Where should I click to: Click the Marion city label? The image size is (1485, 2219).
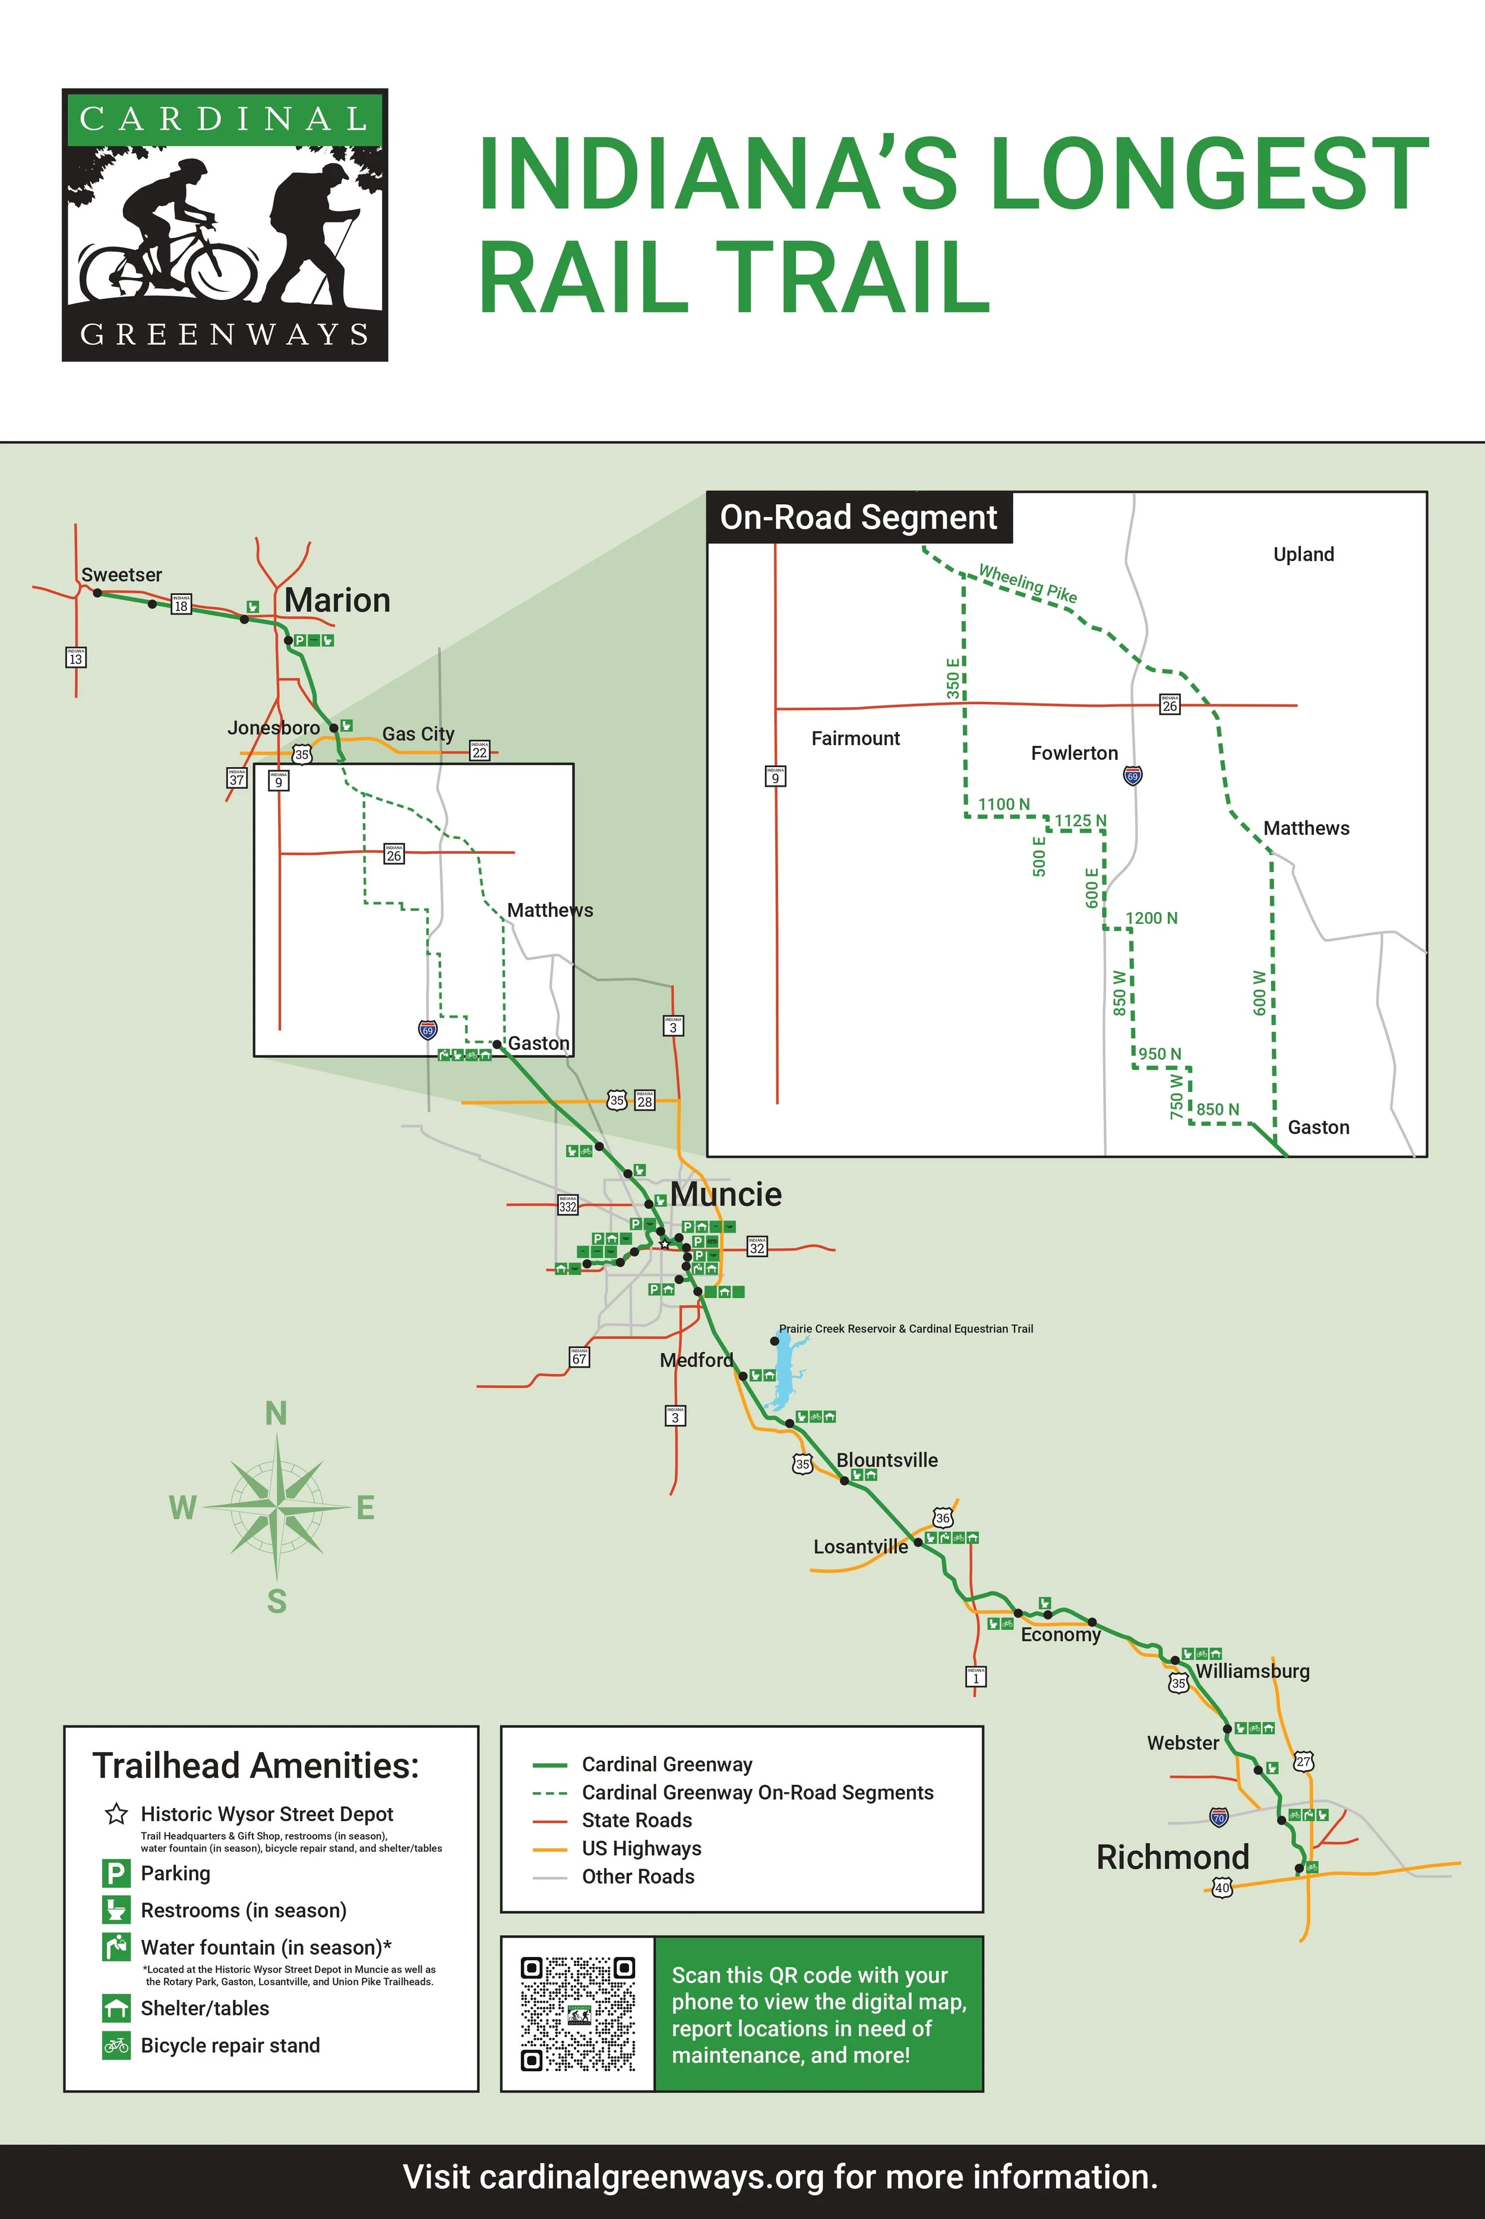(337, 600)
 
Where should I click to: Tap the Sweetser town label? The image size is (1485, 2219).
(121, 575)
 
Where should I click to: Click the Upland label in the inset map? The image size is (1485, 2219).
(1303, 555)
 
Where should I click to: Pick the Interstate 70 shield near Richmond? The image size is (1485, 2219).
(1219, 1816)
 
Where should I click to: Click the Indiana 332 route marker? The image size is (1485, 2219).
(567, 1205)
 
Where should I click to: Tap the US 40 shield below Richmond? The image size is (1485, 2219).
(1222, 1888)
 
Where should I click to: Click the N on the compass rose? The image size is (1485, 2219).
(276, 1413)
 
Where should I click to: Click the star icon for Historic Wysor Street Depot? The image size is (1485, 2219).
(116, 1814)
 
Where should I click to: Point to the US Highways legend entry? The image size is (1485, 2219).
(641, 1848)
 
